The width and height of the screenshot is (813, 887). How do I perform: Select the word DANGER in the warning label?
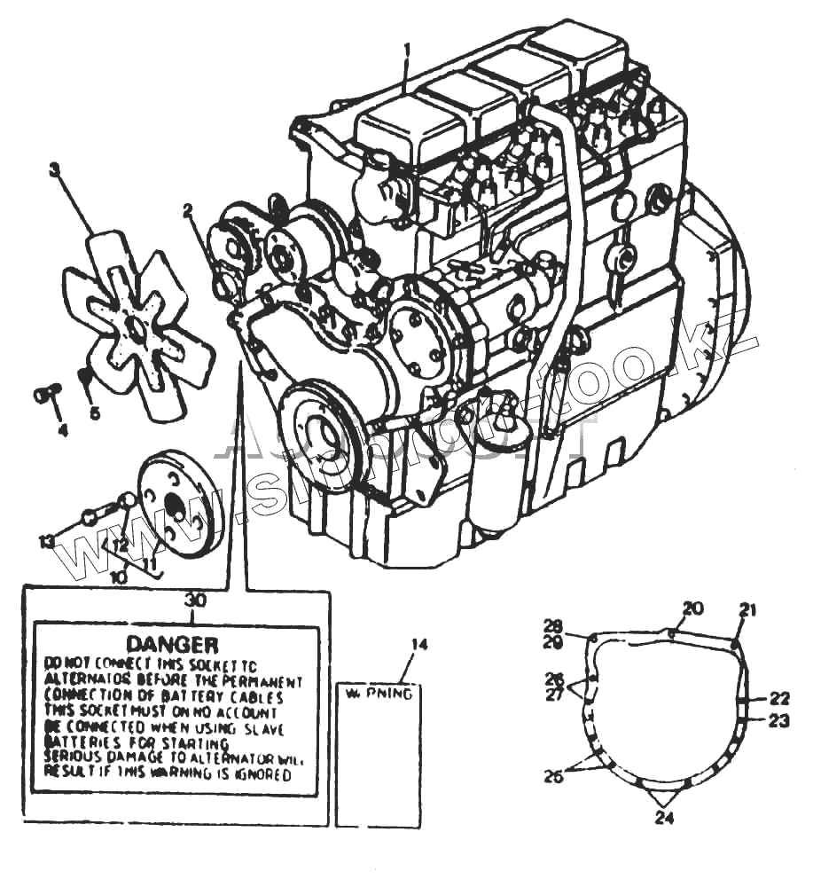tap(172, 642)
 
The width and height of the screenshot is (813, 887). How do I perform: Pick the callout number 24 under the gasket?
tap(663, 818)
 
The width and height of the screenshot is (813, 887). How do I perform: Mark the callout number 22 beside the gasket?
tap(778, 697)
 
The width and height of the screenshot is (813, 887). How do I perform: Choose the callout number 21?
tap(748, 609)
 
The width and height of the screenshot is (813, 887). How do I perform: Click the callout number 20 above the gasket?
tap(692, 608)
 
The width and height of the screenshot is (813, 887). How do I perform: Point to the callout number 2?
tap(188, 210)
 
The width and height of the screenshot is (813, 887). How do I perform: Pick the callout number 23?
tap(778, 720)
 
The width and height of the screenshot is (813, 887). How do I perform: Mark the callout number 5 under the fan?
tap(95, 412)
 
